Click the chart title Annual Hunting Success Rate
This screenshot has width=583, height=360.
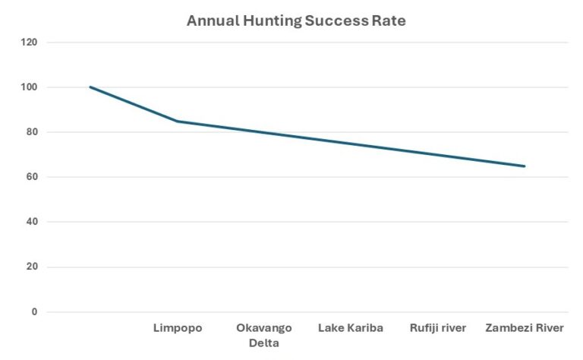[x=296, y=21]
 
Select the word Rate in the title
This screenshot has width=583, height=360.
[x=389, y=21]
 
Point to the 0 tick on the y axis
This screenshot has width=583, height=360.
[x=33, y=311]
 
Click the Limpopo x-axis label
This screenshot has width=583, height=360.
[x=178, y=328]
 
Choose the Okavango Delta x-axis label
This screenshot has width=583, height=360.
[x=264, y=335]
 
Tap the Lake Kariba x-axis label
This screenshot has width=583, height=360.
[x=351, y=328]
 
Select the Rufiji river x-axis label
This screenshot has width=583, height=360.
[x=438, y=328]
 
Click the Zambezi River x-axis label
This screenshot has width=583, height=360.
[x=525, y=328]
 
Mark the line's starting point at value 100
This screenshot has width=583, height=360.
[x=90, y=87]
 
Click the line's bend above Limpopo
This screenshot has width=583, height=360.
[x=178, y=121]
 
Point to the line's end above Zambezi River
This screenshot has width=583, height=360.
[x=525, y=166]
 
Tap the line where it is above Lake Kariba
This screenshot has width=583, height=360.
[x=351, y=144]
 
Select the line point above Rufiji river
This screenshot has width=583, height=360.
[x=438, y=155]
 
